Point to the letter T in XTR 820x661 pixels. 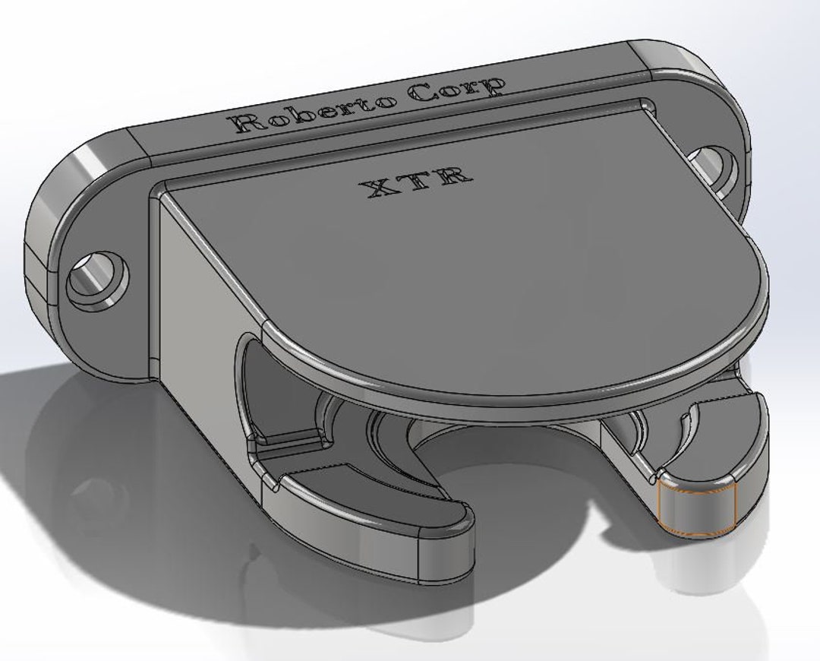coord(420,181)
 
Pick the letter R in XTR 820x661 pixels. coord(456,176)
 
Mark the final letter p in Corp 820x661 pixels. coord(492,87)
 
